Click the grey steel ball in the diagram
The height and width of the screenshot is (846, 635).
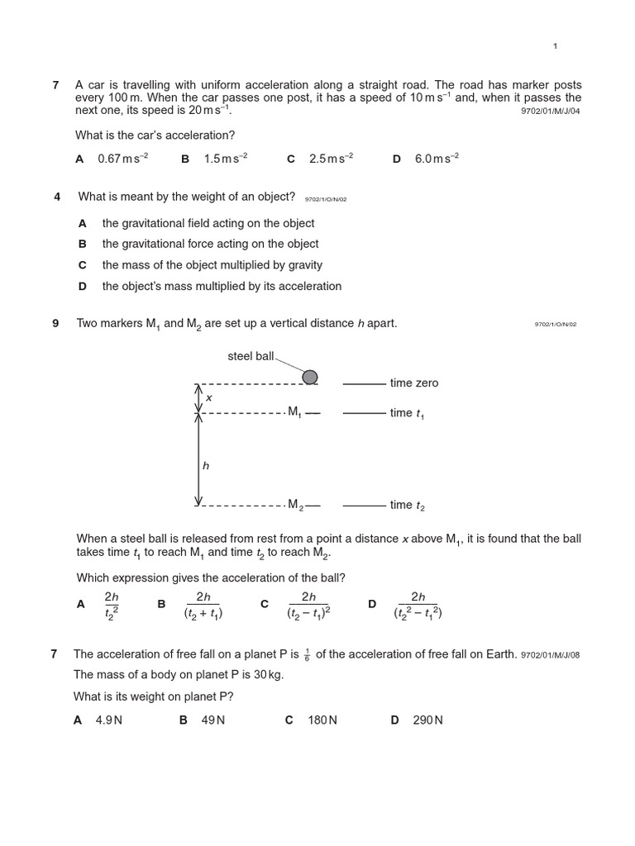(x=310, y=377)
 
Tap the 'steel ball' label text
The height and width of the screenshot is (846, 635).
(x=251, y=356)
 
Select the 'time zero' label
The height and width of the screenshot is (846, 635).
(x=414, y=383)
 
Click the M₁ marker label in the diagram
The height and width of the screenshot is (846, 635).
(x=294, y=411)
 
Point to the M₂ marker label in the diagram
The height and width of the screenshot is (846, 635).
(x=295, y=504)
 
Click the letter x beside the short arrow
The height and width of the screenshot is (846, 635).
(x=208, y=397)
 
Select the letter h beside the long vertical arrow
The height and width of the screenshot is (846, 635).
(x=206, y=466)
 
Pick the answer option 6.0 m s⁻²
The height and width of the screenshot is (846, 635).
(x=437, y=159)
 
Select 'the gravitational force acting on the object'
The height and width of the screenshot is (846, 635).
(x=210, y=244)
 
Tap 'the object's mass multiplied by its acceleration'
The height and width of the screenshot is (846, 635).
(x=222, y=286)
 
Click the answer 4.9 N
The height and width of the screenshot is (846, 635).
(x=109, y=720)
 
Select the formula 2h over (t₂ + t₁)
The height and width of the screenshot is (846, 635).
(x=203, y=605)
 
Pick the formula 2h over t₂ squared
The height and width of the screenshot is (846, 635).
(x=112, y=605)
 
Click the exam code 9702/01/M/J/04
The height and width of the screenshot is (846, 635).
(x=551, y=112)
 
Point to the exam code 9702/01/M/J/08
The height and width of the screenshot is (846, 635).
(x=551, y=655)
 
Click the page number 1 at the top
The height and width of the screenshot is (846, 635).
(x=556, y=46)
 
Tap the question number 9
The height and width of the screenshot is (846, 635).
(x=55, y=323)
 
